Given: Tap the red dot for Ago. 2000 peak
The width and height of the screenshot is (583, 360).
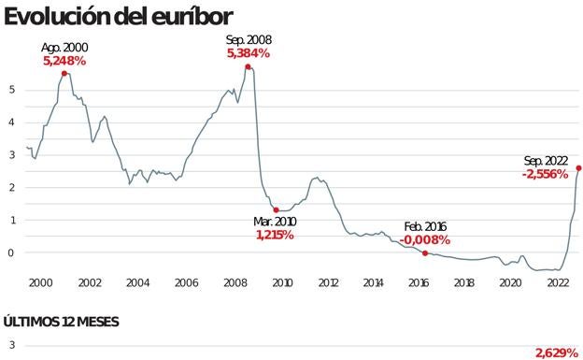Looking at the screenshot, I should [64, 73].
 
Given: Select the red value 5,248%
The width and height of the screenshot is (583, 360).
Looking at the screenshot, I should [64, 60].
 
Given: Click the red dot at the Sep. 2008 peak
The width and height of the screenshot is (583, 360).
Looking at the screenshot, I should [248, 66].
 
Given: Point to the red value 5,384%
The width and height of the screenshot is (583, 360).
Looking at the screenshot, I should [249, 53].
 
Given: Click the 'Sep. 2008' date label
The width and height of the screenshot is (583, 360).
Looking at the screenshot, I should [249, 40].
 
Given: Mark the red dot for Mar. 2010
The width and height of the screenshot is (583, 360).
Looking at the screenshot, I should [275, 210].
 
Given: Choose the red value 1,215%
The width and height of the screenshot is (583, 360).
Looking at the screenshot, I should [275, 235].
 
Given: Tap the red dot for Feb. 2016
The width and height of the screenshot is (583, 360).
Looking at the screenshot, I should [425, 252].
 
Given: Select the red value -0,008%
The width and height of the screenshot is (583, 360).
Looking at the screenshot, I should [425, 240].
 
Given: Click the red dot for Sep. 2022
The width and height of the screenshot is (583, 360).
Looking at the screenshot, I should [578, 168].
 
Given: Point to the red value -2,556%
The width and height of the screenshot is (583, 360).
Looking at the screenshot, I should [545, 175].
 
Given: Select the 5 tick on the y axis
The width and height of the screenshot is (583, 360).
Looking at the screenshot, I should [12, 90].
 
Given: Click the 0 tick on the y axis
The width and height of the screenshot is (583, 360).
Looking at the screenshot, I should [12, 252].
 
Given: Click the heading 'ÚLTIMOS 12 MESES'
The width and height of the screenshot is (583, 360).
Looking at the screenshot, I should [61, 322].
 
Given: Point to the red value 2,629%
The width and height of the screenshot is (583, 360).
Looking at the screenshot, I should [557, 353].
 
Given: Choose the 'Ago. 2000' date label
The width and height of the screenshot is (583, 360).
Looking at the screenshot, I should [64, 47].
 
